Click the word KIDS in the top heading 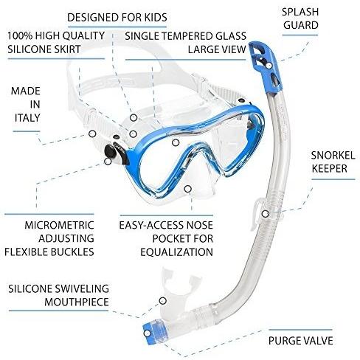[155, 18]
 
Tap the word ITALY [27, 118]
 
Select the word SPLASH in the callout [300, 12]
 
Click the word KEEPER [330, 169]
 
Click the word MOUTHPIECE [77, 302]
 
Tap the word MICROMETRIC [59, 225]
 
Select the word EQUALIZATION [176, 252]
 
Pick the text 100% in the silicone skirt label [20, 36]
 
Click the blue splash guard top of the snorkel [266, 67]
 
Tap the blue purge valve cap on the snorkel [153, 332]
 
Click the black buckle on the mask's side [111, 151]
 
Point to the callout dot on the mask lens [176, 142]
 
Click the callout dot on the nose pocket [188, 189]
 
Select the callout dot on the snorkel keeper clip [265, 214]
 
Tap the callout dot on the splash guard [269, 66]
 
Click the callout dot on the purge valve [147, 333]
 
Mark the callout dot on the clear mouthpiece [162, 300]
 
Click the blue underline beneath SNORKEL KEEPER [333, 179]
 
